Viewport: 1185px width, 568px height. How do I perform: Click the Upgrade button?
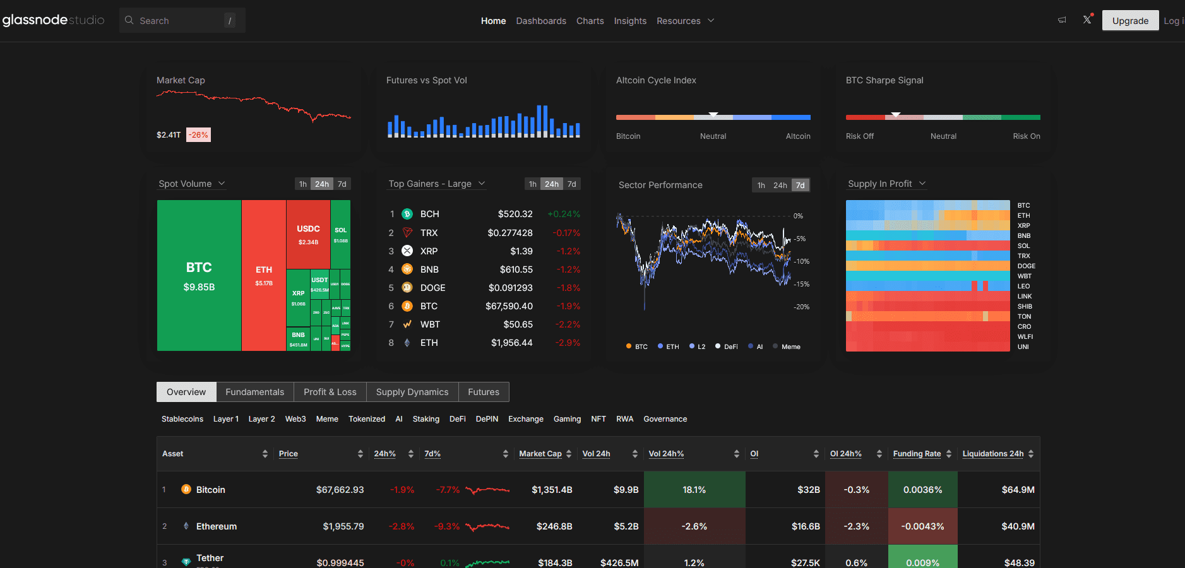pos(1130,21)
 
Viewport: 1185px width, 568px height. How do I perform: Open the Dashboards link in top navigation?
pos(541,21)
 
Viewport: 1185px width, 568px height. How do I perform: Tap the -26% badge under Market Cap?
pos(198,135)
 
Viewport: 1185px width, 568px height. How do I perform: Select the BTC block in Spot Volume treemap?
pos(199,276)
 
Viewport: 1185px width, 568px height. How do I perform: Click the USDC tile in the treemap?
pos(308,234)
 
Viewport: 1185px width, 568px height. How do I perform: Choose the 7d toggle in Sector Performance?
pos(800,185)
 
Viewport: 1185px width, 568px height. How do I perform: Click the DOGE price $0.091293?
pos(510,288)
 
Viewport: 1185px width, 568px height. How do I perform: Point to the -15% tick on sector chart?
pos(802,284)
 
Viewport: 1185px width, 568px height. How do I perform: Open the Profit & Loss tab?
pos(330,392)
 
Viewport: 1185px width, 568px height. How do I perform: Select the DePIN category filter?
pos(487,419)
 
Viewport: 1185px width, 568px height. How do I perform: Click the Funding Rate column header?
pos(917,454)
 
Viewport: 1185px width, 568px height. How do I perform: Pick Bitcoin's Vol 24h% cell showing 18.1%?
pos(694,490)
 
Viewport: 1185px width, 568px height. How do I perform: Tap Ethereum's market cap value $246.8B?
pos(554,526)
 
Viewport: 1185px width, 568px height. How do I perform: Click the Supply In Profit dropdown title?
pos(880,184)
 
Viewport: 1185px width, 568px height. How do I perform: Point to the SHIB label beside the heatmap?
pos(1025,306)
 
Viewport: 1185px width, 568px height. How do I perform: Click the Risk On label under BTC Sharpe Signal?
pos(1026,136)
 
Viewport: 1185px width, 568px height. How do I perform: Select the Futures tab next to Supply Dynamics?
pos(483,392)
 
